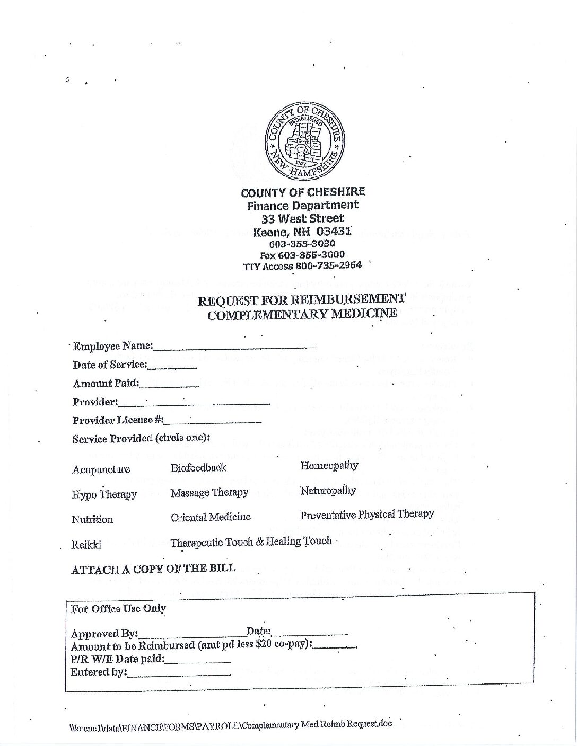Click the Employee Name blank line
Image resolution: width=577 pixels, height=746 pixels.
tap(234, 348)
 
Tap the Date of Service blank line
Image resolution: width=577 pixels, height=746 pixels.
tap(172, 367)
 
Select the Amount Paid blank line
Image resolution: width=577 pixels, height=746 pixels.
tap(169, 385)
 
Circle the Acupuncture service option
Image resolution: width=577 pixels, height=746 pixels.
tap(101, 469)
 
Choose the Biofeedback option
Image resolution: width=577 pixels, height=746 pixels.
tap(198, 468)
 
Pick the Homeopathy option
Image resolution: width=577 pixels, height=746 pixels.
tap(329, 466)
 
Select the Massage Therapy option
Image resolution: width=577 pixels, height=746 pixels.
tap(209, 493)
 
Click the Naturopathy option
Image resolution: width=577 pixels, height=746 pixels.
tap(328, 491)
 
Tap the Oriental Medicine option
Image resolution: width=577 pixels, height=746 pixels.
tap(211, 517)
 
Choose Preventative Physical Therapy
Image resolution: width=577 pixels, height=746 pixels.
tap(367, 514)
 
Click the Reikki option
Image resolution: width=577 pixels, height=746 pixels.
tap(86, 545)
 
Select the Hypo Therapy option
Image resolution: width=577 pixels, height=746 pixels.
tap(104, 494)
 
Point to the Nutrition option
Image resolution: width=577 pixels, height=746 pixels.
tap(93, 520)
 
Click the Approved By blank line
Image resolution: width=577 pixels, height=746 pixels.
tap(191, 635)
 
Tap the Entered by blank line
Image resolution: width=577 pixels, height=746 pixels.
tap(179, 674)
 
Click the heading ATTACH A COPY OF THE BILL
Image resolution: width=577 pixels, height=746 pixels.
tap(153, 570)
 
